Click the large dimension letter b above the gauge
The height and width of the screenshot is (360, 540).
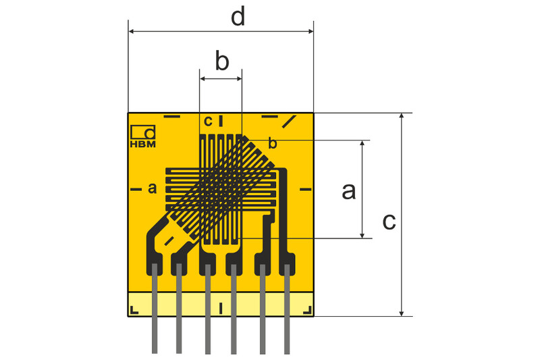(x=222, y=61)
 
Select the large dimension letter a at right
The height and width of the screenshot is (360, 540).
(x=348, y=191)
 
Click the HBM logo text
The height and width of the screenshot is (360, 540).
(x=142, y=143)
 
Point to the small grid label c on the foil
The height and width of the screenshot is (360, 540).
(x=208, y=121)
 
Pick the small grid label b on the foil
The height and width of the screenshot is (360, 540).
(x=273, y=143)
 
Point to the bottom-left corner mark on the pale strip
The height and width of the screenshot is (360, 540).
(x=134, y=310)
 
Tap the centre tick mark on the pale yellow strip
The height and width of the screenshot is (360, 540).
(x=221, y=309)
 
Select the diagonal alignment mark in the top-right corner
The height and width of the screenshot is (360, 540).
(x=290, y=122)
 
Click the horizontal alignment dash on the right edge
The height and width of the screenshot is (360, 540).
(x=304, y=188)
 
